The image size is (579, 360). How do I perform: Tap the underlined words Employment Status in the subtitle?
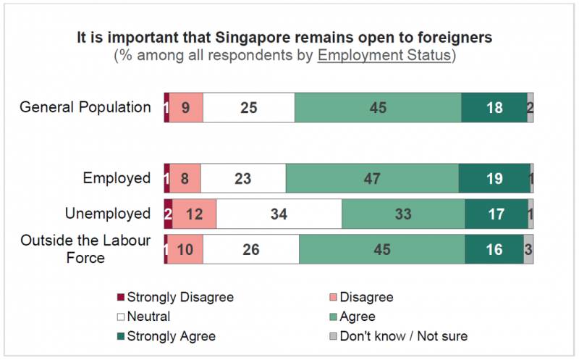[x=384, y=56]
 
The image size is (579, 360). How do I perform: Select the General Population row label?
[x=85, y=107]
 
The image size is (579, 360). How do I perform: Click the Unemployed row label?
[x=107, y=214]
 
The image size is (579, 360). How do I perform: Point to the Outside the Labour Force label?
[x=85, y=248]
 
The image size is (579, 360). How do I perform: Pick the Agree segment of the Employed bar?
[x=372, y=178]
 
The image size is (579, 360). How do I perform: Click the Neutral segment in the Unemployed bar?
[x=279, y=214]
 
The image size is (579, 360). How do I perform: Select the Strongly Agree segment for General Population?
[x=494, y=108]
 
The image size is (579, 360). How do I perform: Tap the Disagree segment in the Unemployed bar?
[x=194, y=214]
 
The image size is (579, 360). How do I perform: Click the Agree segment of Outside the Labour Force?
[x=381, y=249]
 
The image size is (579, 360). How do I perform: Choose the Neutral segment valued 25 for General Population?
[x=248, y=108]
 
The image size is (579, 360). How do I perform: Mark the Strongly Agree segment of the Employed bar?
[x=494, y=178]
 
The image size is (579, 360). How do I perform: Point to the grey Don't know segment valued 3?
[x=528, y=249]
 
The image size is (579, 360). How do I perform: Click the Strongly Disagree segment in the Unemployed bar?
[x=168, y=214]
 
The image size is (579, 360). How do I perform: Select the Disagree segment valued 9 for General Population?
[x=186, y=108]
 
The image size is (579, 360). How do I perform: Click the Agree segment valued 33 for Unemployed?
[x=403, y=214]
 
